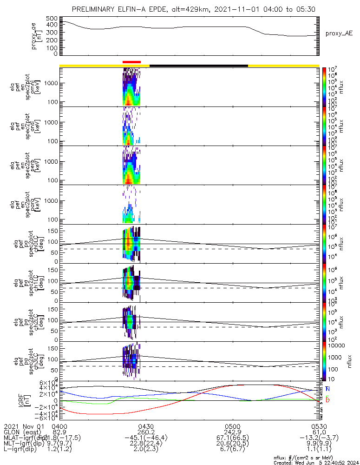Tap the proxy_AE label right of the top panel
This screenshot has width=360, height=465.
coord(339,33)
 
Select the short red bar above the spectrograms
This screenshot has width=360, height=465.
coord(131,62)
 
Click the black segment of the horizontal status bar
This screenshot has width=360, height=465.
coord(198,66)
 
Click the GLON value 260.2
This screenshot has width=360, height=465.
coord(146,432)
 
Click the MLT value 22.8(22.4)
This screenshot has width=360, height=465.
coord(146,445)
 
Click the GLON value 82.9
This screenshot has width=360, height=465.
coord(59,432)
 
